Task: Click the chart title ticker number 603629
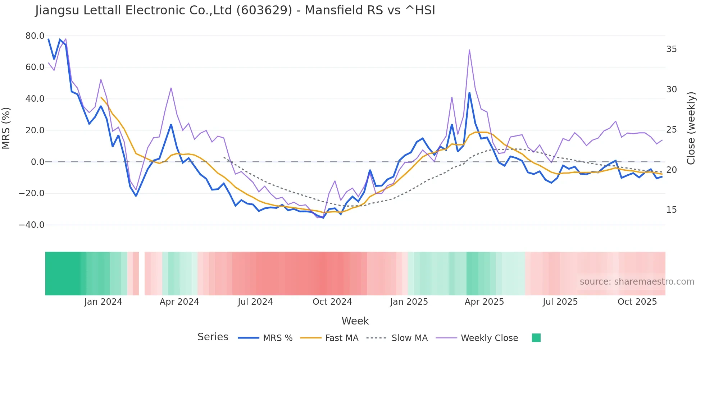[264, 10]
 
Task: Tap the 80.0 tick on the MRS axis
[35, 36]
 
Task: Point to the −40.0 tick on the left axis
[32, 225]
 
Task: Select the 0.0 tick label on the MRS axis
[37, 162]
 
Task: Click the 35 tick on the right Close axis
[671, 49]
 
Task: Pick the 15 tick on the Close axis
[671, 210]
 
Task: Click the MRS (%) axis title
[6, 128]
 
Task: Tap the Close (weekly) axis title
[691, 128]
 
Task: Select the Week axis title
[355, 321]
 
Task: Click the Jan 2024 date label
[103, 302]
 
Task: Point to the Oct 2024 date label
[332, 302]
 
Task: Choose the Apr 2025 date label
[484, 302]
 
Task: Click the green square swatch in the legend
[536, 338]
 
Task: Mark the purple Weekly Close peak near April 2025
[469, 50]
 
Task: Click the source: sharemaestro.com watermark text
[637, 282]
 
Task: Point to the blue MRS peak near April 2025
[469, 93]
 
